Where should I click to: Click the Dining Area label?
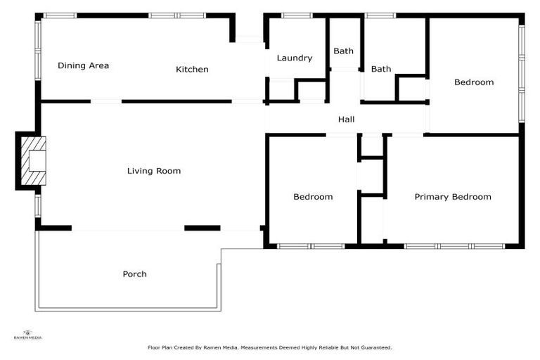(83, 66)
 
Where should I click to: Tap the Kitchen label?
(192, 70)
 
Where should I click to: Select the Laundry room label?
(294, 58)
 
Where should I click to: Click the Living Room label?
(154, 171)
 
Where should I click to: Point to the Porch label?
(135, 274)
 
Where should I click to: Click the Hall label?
(346, 120)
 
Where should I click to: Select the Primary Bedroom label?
(452, 197)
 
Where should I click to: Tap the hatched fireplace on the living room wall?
(32, 161)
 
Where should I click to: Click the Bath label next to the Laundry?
(344, 51)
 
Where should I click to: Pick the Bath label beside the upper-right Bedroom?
(381, 69)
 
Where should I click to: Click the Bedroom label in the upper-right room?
(474, 82)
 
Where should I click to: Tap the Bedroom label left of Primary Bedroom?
(313, 197)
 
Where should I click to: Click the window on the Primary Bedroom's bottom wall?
(455, 246)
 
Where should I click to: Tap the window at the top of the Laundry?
(297, 15)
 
